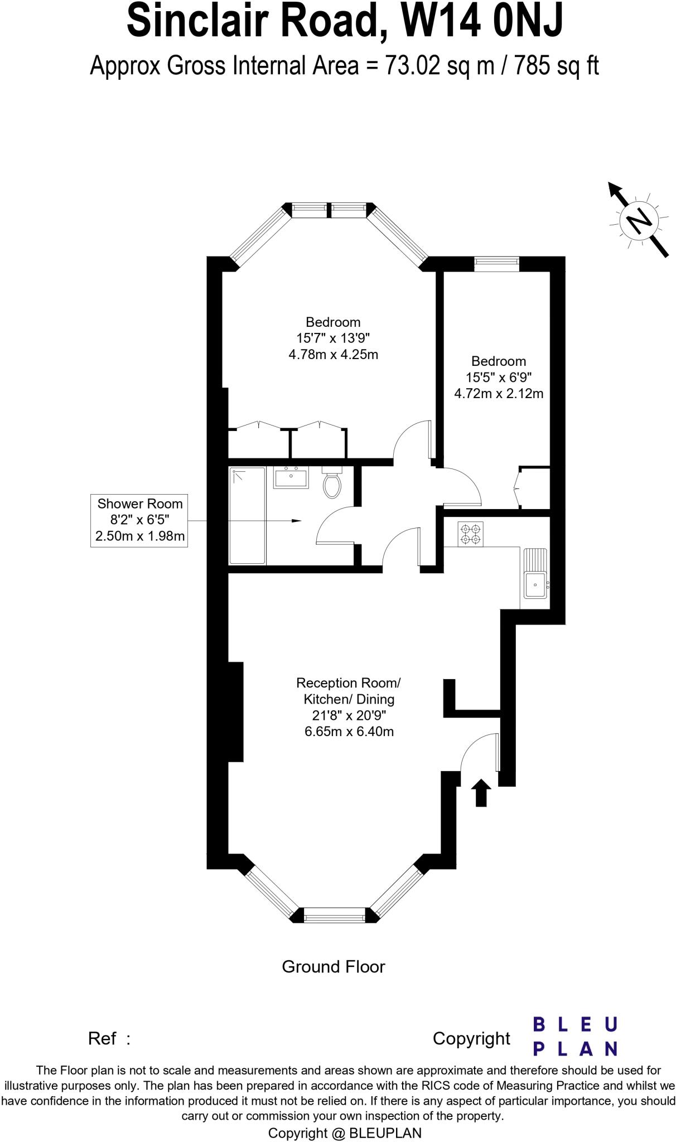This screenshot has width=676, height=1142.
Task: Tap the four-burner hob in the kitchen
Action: click(x=470, y=534)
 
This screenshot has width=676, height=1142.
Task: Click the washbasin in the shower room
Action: click(x=291, y=478)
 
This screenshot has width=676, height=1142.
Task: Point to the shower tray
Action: click(x=247, y=516)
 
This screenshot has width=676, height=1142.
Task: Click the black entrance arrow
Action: click(x=481, y=792)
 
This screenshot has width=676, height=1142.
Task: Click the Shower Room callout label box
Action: click(x=139, y=520)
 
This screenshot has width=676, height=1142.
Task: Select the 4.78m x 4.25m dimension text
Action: click(x=333, y=354)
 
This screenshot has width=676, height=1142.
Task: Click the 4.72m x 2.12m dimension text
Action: click(x=499, y=393)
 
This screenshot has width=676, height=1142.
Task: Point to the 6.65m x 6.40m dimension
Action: click(x=349, y=731)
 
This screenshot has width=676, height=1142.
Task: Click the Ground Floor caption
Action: click(x=333, y=966)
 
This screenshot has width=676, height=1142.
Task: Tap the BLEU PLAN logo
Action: click(x=575, y=1036)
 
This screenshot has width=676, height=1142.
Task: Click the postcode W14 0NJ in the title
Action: click(x=482, y=21)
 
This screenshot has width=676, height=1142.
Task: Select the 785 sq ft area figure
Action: click(x=556, y=66)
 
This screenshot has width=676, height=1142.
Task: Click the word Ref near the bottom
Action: click(x=102, y=1039)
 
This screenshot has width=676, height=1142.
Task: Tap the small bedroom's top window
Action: click(x=496, y=264)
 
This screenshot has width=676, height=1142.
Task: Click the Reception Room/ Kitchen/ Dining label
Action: click(x=349, y=691)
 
